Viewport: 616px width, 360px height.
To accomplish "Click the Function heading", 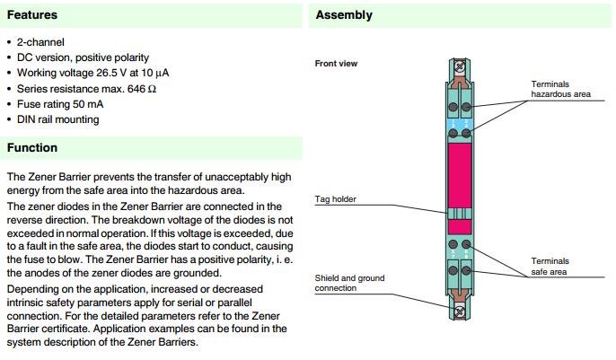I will pyautogui.click(x=31, y=147).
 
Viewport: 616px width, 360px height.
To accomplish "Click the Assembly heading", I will pyautogui.click(x=344, y=15).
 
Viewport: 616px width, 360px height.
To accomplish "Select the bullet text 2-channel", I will pyautogui.click(x=40, y=42).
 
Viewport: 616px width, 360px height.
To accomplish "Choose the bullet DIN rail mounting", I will pyautogui.click(x=57, y=119).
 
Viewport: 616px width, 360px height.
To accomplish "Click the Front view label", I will pyautogui.click(x=336, y=64).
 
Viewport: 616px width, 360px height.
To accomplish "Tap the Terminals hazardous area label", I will pyautogui.click(x=560, y=89).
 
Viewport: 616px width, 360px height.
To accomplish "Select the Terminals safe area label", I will pyautogui.click(x=550, y=266).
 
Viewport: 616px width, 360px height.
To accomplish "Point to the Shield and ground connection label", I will pyautogui.click(x=349, y=283).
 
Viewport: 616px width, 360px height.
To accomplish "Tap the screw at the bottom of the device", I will pyautogui.click(x=460, y=312).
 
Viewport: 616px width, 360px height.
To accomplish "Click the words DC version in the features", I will pyautogui.click(x=42, y=57).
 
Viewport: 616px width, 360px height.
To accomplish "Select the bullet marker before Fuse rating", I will pyautogui.click(x=9, y=103).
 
